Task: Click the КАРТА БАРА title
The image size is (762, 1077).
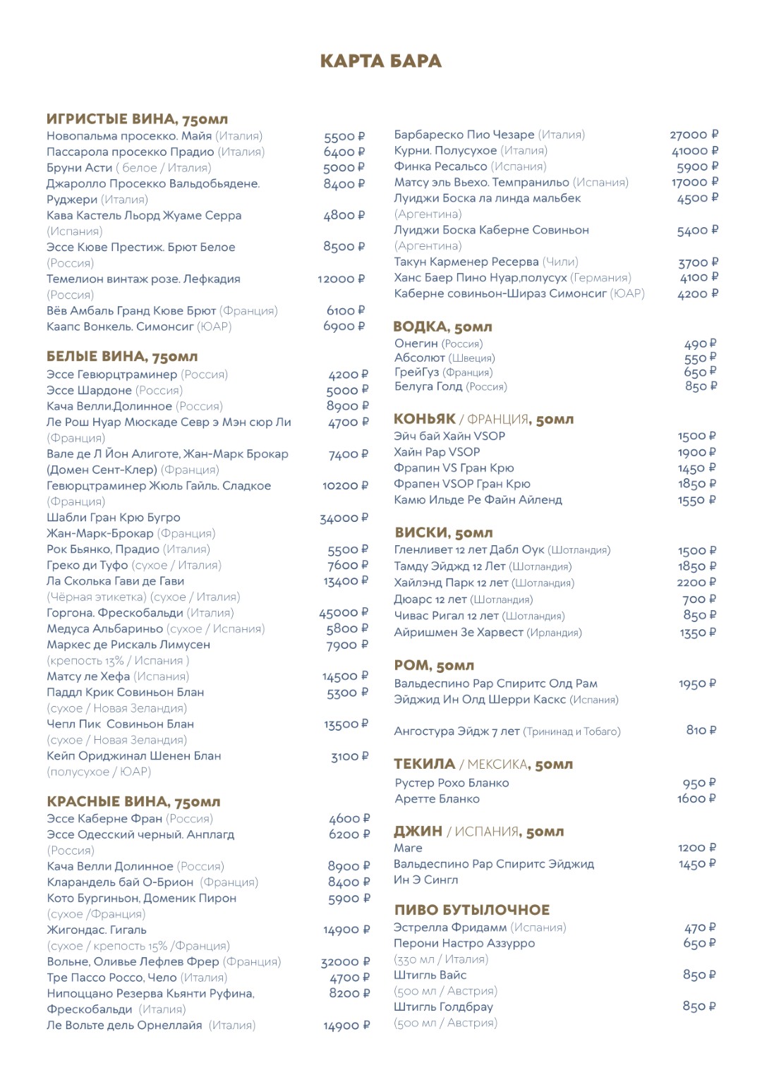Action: tap(380, 61)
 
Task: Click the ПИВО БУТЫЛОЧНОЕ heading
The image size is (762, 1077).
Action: tap(471, 910)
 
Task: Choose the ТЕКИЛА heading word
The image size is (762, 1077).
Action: tap(424, 764)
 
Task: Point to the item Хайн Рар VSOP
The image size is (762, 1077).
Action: tap(437, 452)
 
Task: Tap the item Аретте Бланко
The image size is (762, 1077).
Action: tap(437, 799)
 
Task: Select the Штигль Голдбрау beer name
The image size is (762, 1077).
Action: tap(443, 1007)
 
